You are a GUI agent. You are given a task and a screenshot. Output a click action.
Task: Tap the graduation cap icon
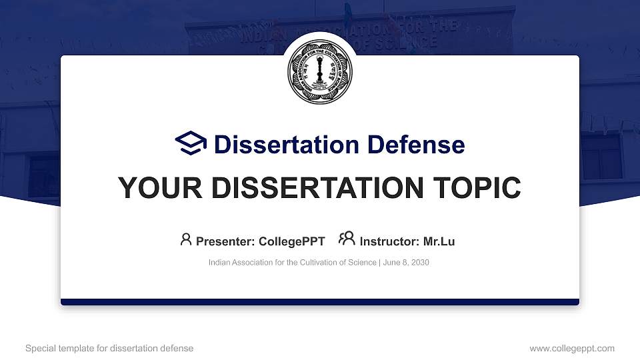pos(191,143)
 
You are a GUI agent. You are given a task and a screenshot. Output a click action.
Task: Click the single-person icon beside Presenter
pos(186,239)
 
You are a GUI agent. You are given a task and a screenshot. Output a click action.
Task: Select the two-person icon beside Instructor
pos(347,239)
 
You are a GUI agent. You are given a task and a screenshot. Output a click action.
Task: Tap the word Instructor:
pos(389,241)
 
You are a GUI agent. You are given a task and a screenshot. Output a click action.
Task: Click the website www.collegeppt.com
pos(572,349)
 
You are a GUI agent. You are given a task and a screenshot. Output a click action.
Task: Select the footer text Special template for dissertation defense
pos(109,349)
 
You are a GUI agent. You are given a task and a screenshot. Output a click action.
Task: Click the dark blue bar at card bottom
pos(320,302)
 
